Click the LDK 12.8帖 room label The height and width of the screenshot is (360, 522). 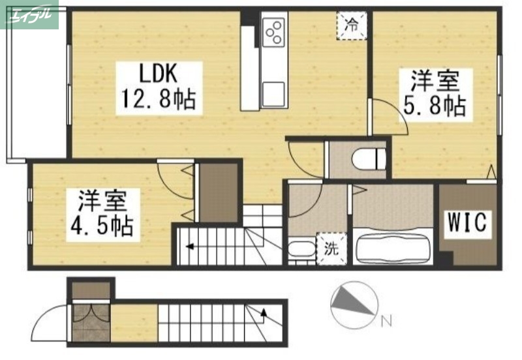click(x=157, y=85)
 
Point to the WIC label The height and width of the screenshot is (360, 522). click(x=467, y=223)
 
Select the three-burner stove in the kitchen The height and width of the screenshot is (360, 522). click(x=274, y=30)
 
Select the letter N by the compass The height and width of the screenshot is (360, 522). click(x=386, y=320)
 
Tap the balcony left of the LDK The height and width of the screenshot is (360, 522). click(x=36, y=85)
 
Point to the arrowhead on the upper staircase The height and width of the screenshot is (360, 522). click(x=189, y=247)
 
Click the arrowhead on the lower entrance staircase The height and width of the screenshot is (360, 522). click(x=264, y=313)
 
